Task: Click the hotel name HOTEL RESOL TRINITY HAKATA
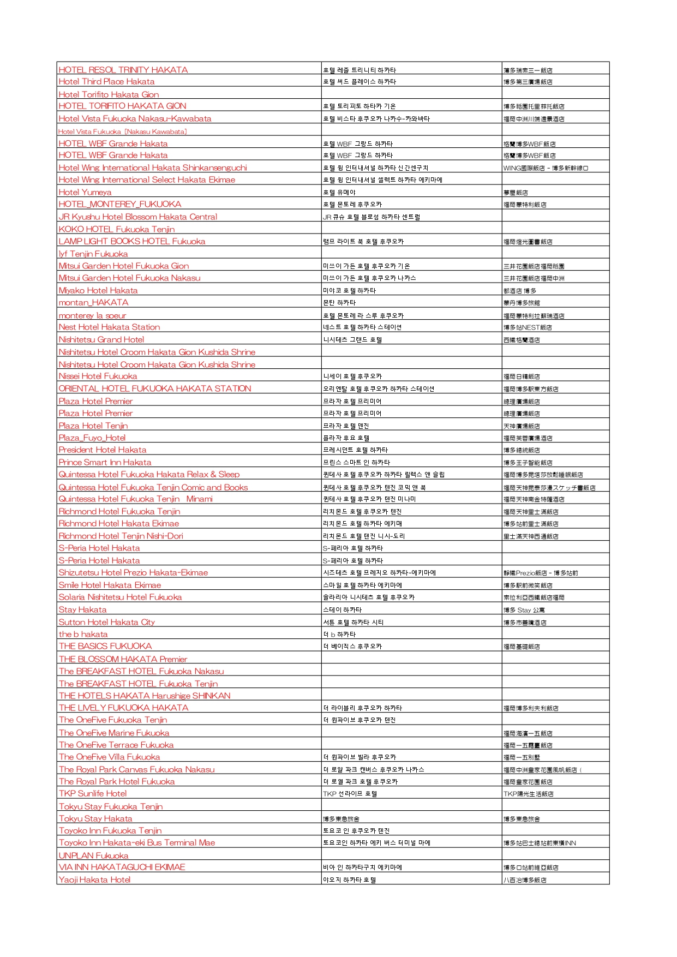(123, 70)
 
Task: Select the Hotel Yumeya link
(85, 192)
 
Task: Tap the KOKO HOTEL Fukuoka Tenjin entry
(117, 229)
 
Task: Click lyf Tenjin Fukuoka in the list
(93, 254)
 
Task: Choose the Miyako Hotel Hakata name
(98, 290)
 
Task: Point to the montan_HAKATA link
(94, 302)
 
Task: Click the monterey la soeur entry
(92, 315)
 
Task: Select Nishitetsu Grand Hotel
(101, 339)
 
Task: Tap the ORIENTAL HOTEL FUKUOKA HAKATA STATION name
(155, 388)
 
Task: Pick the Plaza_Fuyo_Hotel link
(92, 438)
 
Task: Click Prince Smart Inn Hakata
(105, 462)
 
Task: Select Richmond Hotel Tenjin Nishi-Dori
(121, 536)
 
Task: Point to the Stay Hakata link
(83, 609)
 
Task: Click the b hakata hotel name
(83, 634)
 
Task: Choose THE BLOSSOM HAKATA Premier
(123, 659)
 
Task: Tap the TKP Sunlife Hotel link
(93, 793)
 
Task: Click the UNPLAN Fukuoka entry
(94, 856)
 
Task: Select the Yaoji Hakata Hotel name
(95, 880)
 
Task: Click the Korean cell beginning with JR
(372, 217)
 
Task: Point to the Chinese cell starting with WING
(546, 168)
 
